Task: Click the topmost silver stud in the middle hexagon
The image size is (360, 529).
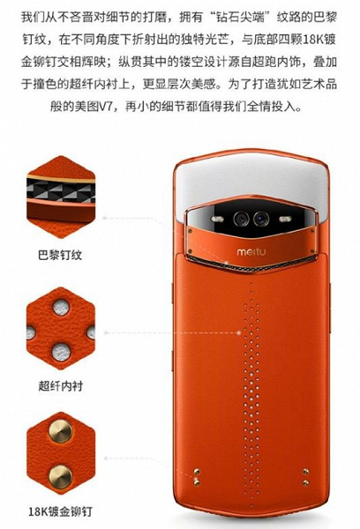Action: click(60, 305)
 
